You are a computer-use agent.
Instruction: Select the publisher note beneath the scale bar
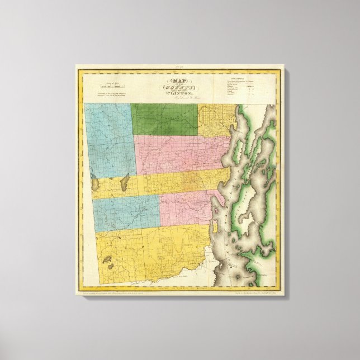(x=110, y=94)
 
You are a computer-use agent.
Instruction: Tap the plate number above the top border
(x=180, y=67)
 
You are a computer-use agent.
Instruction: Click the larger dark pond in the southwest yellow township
(x=108, y=260)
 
